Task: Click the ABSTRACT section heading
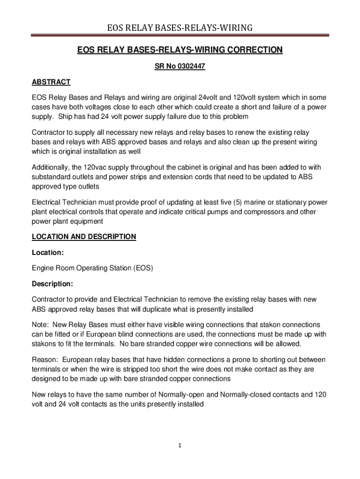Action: coord(51,82)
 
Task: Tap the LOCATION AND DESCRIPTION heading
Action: coord(84,237)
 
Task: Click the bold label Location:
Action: coord(48,253)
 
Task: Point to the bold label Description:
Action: coord(52,284)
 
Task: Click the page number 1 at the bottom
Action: coord(180,445)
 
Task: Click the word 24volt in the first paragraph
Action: coord(212,98)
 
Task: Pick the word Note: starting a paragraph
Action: coord(41,325)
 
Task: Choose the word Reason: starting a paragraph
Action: coord(45,360)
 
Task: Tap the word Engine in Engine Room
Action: coord(43,269)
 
